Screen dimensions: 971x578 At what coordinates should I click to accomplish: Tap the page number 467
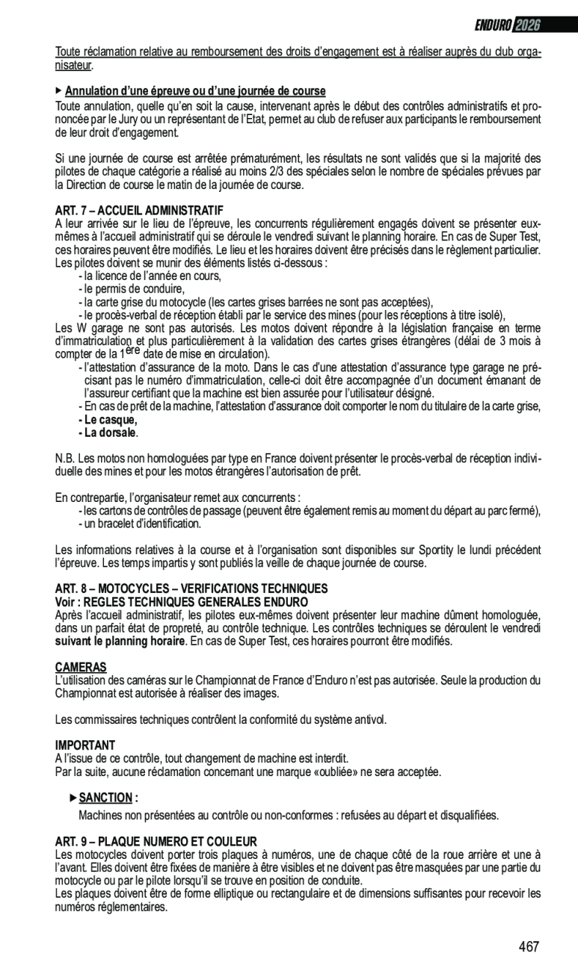coord(529,946)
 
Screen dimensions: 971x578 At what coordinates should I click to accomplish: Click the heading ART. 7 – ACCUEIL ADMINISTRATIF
coord(140,210)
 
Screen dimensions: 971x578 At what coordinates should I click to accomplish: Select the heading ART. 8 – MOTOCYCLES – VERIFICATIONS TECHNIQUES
coord(191,589)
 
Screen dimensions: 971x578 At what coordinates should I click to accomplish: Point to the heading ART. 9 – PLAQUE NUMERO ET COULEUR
coord(156,841)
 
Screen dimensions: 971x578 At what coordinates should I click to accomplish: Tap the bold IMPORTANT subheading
coord(85,745)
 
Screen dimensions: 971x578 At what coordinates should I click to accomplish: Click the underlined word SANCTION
coord(105,798)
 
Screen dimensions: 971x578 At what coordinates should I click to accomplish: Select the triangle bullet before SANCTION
coord(73,798)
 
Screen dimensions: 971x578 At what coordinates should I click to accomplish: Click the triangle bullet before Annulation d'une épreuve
coord(59,90)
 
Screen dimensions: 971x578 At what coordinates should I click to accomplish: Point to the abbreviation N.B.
coord(64,458)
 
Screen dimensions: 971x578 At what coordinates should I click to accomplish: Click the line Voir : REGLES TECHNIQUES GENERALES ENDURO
coord(181,602)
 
